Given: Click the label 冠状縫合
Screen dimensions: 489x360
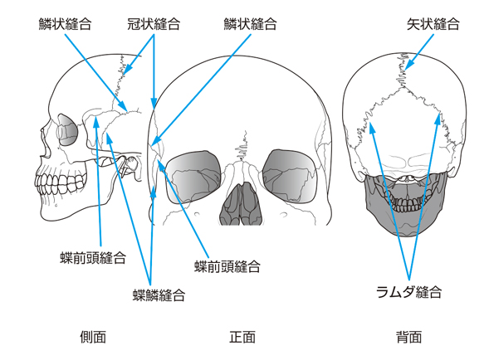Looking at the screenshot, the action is coord(154,24).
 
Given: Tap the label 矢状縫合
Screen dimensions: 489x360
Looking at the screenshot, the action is coord(433,24).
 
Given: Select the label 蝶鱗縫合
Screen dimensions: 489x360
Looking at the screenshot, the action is coord(159,294).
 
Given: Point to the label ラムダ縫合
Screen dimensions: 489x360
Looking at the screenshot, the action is coord(408,292).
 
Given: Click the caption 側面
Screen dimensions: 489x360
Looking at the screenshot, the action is coord(93,337).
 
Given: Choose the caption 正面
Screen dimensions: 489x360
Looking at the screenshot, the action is coord(242,337).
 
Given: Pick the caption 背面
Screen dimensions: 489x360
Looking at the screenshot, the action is coord(408,337).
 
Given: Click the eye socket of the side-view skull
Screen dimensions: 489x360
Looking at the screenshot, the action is coord(67,129).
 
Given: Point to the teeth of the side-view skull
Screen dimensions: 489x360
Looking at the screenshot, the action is coord(60,184).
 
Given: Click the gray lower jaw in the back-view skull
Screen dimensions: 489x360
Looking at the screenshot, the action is coord(406,206).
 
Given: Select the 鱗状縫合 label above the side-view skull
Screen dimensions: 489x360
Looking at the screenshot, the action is coord(65,24).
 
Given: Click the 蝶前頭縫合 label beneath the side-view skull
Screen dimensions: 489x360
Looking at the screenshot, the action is coord(93,258).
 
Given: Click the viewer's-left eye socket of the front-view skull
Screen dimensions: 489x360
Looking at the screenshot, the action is coord(193,177).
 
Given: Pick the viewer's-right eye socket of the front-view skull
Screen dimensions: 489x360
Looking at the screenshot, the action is coord(290,176).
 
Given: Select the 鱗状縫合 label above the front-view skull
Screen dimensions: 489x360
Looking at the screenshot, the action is coord(250,24).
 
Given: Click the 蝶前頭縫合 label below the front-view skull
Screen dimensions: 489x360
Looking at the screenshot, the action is coord(227,267).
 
